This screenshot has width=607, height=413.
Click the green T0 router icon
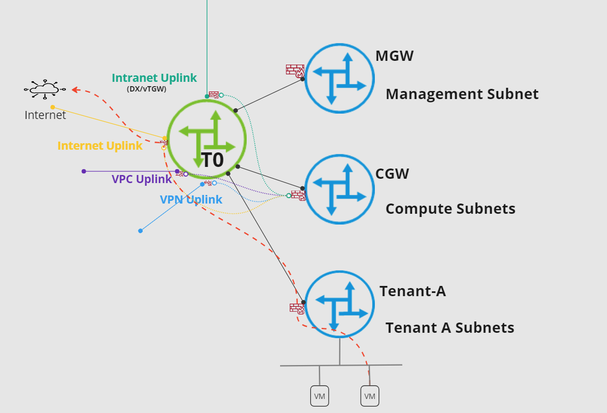[207, 138]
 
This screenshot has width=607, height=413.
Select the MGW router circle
[339, 79]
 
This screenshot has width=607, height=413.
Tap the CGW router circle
[339, 190]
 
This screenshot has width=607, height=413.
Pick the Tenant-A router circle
[339, 304]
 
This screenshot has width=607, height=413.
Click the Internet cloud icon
[45, 89]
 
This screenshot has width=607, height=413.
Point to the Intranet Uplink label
[154, 78]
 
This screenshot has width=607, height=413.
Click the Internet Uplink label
[100, 146]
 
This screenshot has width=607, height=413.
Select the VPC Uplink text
[142, 179]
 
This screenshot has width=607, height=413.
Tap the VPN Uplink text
[191, 200]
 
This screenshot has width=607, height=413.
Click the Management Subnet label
[462, 94]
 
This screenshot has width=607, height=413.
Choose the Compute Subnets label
[450, 209]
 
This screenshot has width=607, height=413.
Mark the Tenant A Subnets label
[450, 327]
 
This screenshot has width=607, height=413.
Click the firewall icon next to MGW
[295, 70]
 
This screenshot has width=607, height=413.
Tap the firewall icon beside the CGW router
[298, 195]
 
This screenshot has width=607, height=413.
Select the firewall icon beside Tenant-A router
[297, 309]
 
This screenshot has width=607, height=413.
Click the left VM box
[319, 396]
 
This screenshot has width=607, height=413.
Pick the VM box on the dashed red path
[369, 396]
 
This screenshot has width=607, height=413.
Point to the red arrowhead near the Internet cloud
[76, 90]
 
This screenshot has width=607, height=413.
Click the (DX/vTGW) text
[146, 89]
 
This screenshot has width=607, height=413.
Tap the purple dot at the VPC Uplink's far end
[83, 171]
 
